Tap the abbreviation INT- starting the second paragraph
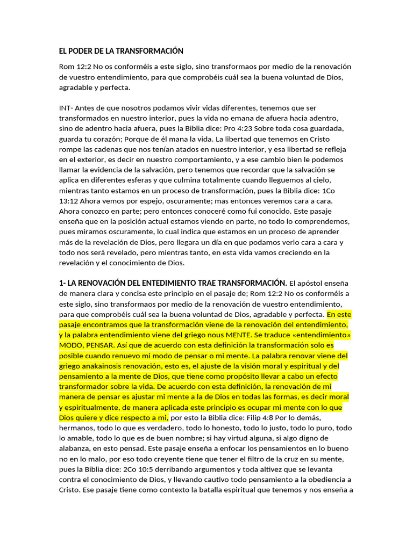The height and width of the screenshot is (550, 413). pyautogui.click(x=67, y=107)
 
